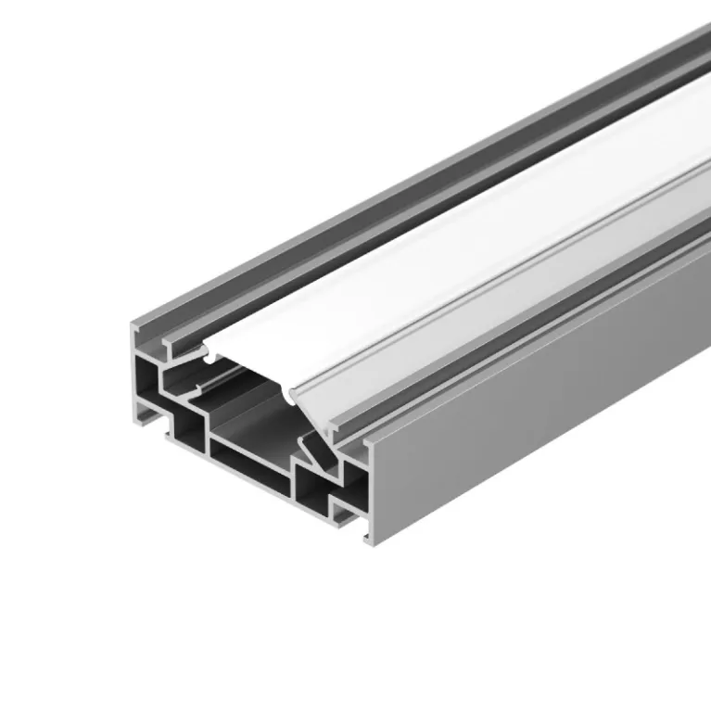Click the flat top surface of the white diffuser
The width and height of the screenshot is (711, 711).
coord(389,278)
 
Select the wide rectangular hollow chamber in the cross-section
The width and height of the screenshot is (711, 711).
coord(250,454)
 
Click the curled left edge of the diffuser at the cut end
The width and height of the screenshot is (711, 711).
coord(208,353)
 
